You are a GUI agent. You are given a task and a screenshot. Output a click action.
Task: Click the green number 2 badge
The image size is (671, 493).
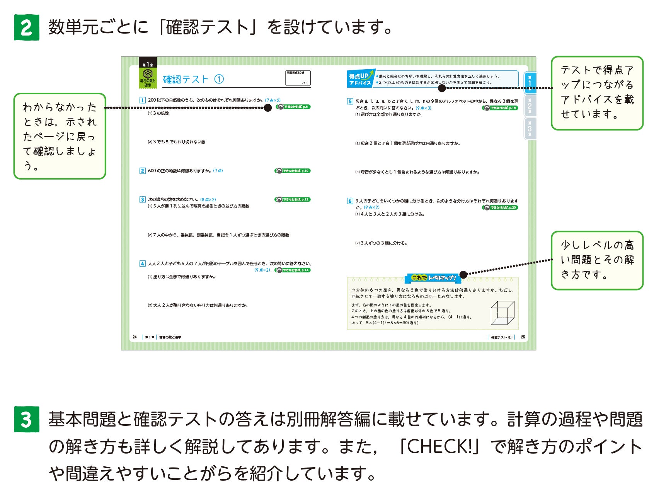tap(26, 27)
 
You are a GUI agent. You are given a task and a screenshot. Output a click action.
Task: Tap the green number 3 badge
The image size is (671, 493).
tap(26, 419)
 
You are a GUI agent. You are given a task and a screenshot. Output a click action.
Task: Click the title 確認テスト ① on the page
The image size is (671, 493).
tap(193, 79)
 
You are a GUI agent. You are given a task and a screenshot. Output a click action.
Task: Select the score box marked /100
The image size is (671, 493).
tap(298, 78)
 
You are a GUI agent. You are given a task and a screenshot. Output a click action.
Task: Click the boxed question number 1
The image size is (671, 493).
tap(142, 100)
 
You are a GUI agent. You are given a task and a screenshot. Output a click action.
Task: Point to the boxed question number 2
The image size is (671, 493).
tap(142, 171)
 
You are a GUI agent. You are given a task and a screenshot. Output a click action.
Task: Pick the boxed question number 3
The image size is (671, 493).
tap(142, 200)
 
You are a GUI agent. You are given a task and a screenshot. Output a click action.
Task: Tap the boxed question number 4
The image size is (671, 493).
tap(142, 263)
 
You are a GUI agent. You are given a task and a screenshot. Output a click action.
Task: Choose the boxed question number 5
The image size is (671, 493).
tap(350, 101)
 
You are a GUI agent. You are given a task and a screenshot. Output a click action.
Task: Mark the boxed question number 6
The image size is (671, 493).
tap(350, 201)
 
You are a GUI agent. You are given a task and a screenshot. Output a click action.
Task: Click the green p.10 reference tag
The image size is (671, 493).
tap(293, 171)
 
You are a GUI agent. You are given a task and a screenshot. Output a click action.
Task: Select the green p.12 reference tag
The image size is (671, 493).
tap(293, 200)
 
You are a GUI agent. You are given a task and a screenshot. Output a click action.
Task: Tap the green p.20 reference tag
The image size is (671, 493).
tap(500, 207)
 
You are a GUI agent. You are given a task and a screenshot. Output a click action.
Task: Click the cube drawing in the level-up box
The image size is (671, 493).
tap(502, 313)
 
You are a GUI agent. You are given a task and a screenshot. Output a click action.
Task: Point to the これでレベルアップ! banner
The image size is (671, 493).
tap(433, 278)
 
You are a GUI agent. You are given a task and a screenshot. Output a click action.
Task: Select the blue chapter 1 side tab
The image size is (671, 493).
tap(530, 83)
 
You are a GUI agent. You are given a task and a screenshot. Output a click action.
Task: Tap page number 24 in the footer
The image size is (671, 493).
tap(135, 337)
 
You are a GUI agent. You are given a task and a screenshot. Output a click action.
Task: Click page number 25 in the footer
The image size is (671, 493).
tap(523, 337)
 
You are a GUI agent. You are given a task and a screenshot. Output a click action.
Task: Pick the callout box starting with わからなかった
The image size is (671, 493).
tap(60, 136)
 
